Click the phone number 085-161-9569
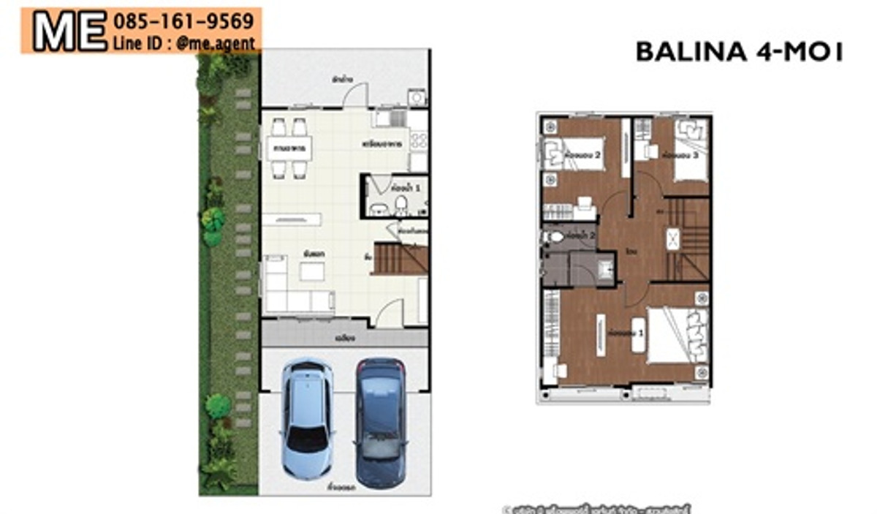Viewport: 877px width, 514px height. (x=183, y=20)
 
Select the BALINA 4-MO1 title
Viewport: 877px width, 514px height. (x=739, y=52)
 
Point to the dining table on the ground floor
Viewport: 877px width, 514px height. (x=289, y=148)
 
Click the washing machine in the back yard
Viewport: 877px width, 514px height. (x=417, y=97)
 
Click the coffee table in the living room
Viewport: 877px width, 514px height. (x=313, y=271)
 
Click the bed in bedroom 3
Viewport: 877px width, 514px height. (x=690, y=150)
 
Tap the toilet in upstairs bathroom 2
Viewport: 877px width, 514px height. (x=555, y=237)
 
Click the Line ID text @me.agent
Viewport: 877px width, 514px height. (x=184, y=43)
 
